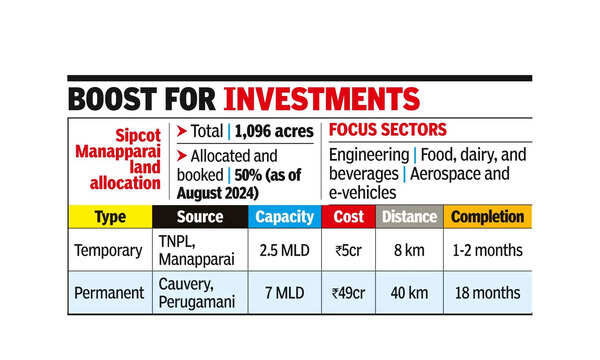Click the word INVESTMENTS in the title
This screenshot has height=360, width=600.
[x=320, y=99]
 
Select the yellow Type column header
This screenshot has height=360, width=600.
[x=109, y=217]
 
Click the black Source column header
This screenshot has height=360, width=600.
[x=200, y=217]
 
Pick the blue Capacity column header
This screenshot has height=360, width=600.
[x=285, y=217]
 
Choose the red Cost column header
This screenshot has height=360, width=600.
[x=349, y=217]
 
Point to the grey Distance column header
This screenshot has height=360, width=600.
[x=409, y=217]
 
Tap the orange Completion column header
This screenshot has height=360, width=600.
[x=486, y=217]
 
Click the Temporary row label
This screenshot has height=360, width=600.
[x=110, y=249]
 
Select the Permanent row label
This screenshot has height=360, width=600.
[x=110, y=292]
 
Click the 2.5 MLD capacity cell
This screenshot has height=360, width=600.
[x=285, y=249]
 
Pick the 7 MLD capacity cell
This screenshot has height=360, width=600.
[x=285, y=292]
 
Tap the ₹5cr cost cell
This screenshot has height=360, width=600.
[x=349, y=249]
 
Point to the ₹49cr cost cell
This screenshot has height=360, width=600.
[x=349, y=292]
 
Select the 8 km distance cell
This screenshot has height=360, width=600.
[x=409, y=249]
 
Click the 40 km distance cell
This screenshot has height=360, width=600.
[x=409, y=292]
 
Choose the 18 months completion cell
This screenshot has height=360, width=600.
[x=486, y=292]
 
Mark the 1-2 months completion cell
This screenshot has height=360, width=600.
[x=486, y=249]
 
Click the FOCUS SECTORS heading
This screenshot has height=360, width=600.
[x=388, y=131]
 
